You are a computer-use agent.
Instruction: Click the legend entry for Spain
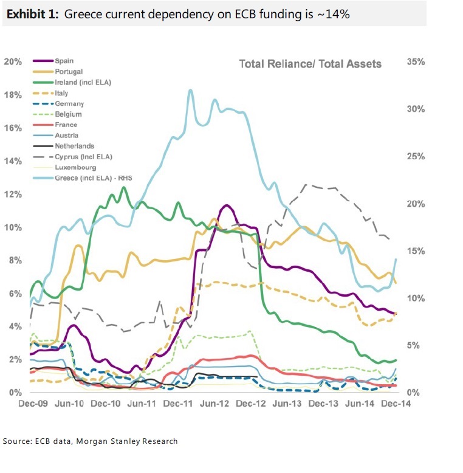click(64, 61)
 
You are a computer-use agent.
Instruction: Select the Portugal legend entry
click(67, 72)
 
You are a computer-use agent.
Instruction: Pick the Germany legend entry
click(69, 104)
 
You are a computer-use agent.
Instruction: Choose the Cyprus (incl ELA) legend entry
click(83, 156)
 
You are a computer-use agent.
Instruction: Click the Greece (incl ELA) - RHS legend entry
click(93, 178)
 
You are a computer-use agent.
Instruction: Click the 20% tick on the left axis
click(13, 61)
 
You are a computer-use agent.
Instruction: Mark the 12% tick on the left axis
click(13, 194)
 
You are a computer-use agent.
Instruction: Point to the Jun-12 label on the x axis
click(213, 403)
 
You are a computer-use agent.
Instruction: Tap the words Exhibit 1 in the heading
click(32, 15)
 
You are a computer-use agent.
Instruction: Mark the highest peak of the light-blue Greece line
click(190, 90)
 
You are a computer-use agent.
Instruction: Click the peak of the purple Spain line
click(226, 205)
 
